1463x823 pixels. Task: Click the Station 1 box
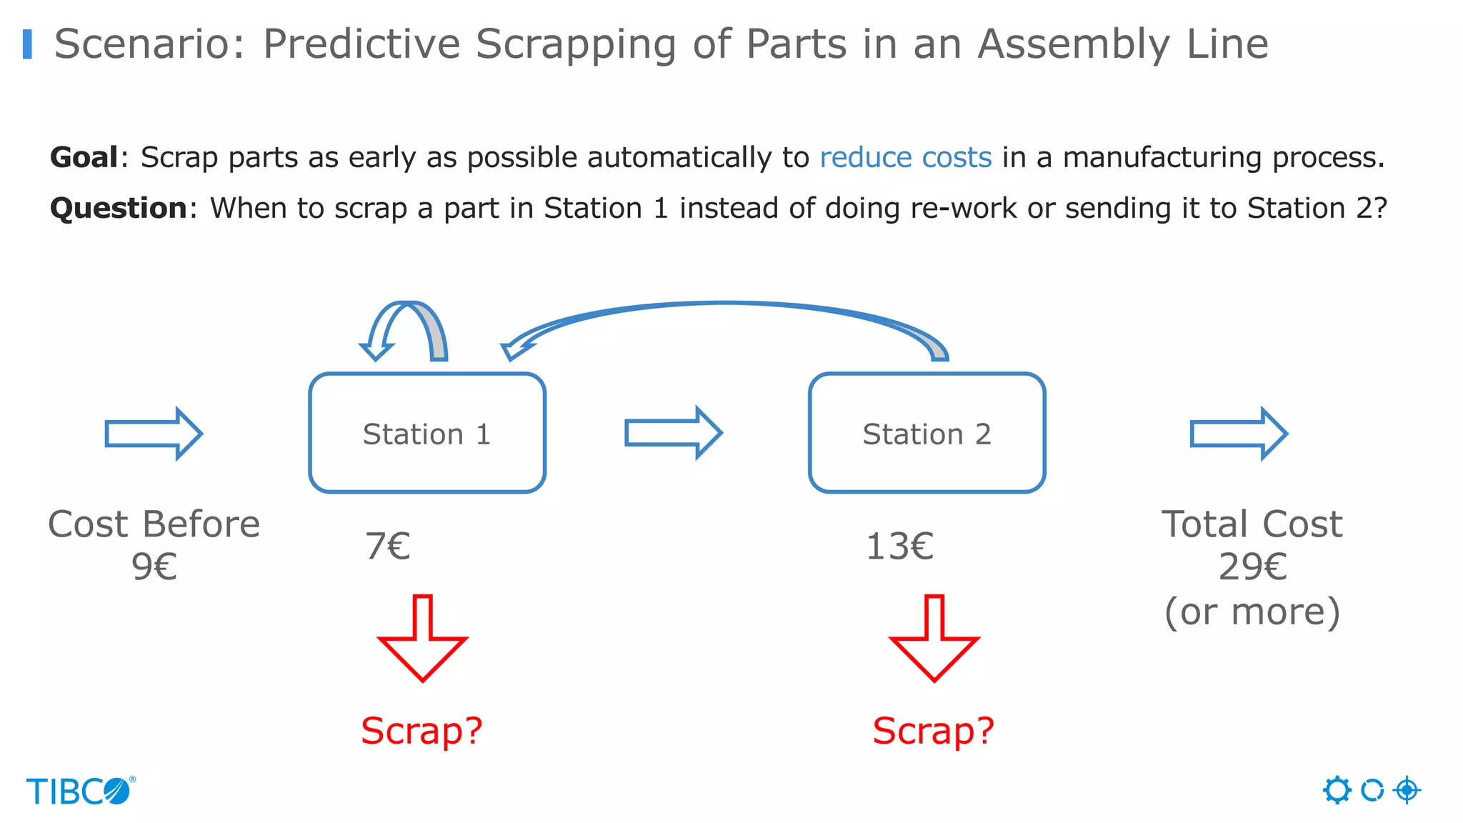point(427,433)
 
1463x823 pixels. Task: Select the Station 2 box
point(927,433)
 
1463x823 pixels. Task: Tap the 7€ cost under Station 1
point(388,547)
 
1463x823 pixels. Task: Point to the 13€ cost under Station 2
point(899,547)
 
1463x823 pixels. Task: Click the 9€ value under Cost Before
point(154,567)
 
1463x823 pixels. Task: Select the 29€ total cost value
point(1252,567)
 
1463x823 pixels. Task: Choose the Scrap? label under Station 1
point(421,731)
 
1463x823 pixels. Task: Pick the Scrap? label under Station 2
point(933,731)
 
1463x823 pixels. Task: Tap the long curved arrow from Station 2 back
point(725,306)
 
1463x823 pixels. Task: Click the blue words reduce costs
point(905,157)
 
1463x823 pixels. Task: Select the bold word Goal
point(84,157)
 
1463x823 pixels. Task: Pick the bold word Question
point(119,208)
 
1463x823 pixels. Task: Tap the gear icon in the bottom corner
point(1337,790)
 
